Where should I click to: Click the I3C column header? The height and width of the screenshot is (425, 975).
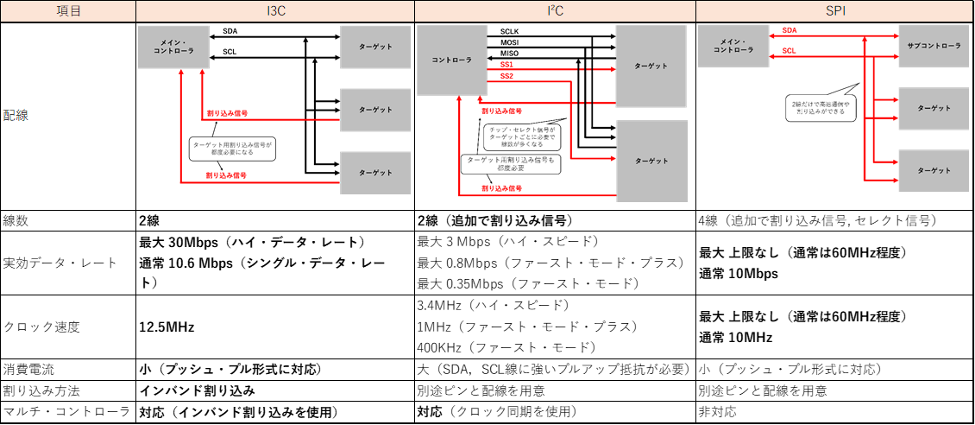pos(275,10)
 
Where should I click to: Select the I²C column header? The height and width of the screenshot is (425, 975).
pos(555,10)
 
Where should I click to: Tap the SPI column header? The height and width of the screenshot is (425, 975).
pos(835,10)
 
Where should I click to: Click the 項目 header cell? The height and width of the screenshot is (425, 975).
pos(67,10)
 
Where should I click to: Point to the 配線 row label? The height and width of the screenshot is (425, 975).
pos(16,115)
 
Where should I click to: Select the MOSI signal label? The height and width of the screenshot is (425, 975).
pos(510,42)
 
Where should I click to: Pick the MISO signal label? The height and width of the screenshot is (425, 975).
pos(510,54)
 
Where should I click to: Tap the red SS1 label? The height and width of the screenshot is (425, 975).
pos(507,65)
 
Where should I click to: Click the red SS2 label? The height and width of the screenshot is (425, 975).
pos(507,76)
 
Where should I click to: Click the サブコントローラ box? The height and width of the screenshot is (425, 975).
pos(934,45)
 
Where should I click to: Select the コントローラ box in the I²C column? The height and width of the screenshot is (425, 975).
pos(451,60)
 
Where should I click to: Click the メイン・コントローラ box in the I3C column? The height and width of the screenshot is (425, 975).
pos(173,46)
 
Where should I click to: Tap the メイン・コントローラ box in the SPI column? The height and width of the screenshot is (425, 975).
pos(733,45)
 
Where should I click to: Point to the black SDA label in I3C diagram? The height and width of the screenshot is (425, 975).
pos(230,31)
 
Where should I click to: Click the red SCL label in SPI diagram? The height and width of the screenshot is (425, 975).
pos(789,51)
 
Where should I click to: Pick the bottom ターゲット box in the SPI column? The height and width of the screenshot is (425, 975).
pos(934,170)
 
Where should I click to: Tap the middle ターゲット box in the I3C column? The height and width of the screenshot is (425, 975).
pos(375,110)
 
